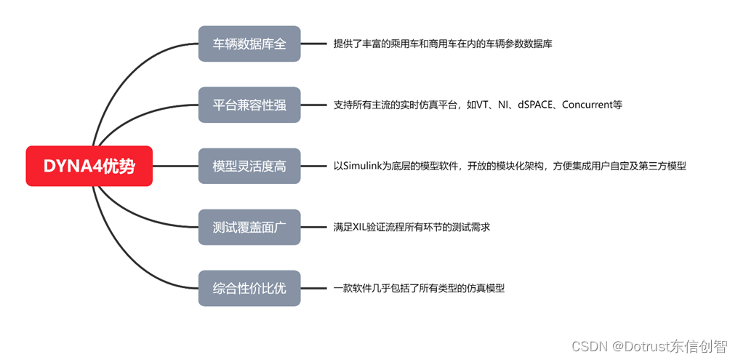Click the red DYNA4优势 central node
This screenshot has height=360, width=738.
pyautogui.click(x=89, y=166)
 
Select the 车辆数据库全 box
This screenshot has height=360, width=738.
pyautogui.click(x=249, y=44)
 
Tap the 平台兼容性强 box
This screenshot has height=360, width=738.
pyautogui.click(x=249, y=105)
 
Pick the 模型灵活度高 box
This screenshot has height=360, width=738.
pyautogui.click(x=249, y=166)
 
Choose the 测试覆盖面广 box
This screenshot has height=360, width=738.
pyautogui.click(x=249, y=227)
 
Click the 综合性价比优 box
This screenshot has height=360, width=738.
pyautogui.click(x=249, y=288)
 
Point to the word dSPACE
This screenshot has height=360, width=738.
pyautogui.click(x=537, y=105)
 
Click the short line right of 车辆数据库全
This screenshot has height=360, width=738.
pyautogui.click(x=313, y=44)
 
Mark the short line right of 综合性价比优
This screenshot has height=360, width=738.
pyautogui.click(x=313, y=288)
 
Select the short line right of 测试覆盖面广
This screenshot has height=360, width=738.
pyautogui.click(x=313, y=227)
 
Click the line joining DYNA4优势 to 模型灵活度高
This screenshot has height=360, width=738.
pyautogui.click(x=175, y=166)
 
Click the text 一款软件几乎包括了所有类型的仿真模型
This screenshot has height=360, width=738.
pyautogui.click(x=419, y=288)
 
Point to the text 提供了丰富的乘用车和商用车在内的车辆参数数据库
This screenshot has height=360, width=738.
pyautogui.click(x=443, y=44)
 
